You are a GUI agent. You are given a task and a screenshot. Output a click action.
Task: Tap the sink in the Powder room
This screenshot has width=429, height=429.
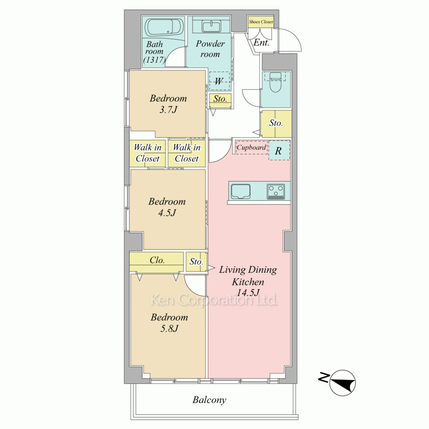pyautogui.click(x=211, y=27)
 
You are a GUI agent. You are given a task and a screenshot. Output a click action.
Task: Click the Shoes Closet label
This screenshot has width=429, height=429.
pyautogui.click(x=261, y=21)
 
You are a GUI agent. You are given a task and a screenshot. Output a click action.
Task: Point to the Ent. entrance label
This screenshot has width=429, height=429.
pyautogui.click(x=261, y=42)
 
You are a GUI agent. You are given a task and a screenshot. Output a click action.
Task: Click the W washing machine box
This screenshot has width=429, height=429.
pyautogui.click(x=219, y=81)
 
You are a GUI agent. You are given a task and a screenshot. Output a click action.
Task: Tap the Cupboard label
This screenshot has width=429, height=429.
pyautogui.click(x=251, y=148)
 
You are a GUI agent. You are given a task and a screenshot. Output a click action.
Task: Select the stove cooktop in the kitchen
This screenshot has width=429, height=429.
pyautogui.click(x=275, y=191)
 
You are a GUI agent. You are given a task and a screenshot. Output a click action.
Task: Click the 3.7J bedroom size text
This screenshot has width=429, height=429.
pyautogui.click(x=168, y=110)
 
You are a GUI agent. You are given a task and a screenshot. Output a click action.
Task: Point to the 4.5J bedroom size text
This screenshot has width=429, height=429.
pyautogui.click(x=167, y=213)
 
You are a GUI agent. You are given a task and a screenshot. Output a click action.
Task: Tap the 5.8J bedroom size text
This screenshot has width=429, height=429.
pyautogui.click(x=169, y=328)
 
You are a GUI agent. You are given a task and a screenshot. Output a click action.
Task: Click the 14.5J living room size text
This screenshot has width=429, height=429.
pyautogui.click(x=248, y=293)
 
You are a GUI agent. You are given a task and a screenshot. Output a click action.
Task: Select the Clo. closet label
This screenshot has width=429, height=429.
pyautogui.click(x=157, y=260)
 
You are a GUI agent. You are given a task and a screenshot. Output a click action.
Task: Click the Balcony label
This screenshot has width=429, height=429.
pyautogui.click(x=209, y=400)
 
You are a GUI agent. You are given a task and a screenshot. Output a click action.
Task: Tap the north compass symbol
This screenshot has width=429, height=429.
pyautogui.click(x=342, y=383)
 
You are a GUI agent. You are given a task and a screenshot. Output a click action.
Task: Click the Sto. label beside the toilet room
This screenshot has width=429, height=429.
pyautogui.click(x=276, y=123)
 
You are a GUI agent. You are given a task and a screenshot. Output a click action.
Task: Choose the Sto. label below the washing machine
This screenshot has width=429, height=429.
pyautogui.click(x=220, y=99)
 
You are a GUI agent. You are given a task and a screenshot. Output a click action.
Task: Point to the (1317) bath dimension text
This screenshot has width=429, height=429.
pyautogui.click(x=154, y=60)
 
